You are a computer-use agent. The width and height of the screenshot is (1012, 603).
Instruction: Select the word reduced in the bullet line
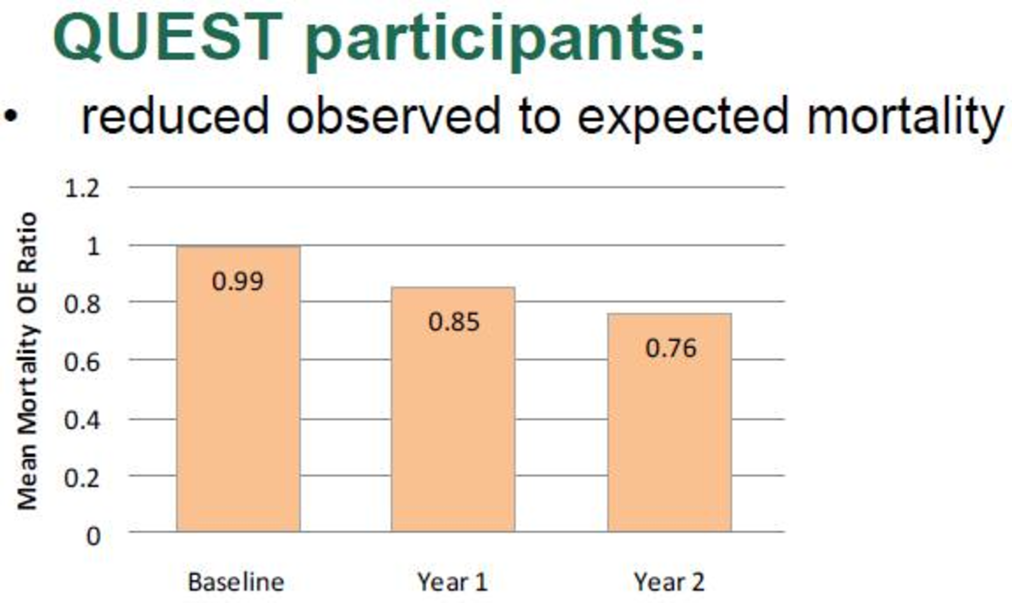coord(176,115)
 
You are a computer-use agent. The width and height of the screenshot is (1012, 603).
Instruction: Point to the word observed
coord(393,115)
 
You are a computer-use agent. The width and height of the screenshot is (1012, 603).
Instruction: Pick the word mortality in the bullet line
coord(905,118)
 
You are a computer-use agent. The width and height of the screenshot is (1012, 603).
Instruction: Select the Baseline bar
coord(238,389)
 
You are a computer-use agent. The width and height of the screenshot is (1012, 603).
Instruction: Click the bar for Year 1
coord(453,409)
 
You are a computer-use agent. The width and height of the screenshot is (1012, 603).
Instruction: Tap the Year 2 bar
coord(669,422)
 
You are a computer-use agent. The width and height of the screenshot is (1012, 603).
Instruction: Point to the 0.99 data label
coord(238,281)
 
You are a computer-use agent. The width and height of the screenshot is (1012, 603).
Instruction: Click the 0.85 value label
coord(454,322)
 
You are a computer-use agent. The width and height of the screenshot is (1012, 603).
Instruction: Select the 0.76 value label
coord(671,349)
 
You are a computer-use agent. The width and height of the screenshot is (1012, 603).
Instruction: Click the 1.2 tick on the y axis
coord(82,189)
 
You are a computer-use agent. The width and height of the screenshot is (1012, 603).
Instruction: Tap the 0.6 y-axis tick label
coord(82,362)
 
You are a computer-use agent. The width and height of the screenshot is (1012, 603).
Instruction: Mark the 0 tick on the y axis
coord(93,536)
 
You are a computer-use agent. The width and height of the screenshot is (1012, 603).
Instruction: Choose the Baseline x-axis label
coord(236,582)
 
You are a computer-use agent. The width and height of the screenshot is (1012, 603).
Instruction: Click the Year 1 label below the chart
coord(452,582)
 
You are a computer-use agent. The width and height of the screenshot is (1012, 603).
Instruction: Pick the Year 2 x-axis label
coord(669,582)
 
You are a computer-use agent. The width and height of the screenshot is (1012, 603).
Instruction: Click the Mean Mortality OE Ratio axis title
coord(27,361)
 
